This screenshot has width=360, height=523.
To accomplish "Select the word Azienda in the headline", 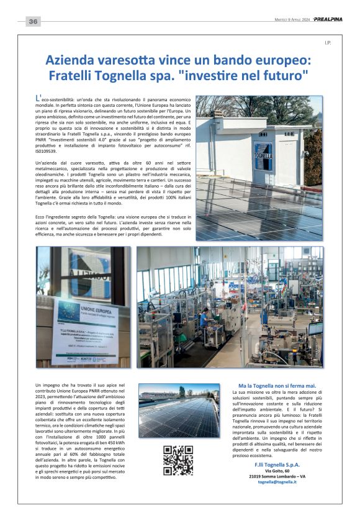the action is [x=71, y=61].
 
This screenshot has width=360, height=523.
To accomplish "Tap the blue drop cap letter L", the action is [x=39, y=98].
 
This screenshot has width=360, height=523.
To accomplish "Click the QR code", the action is [x=178, y=461].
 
